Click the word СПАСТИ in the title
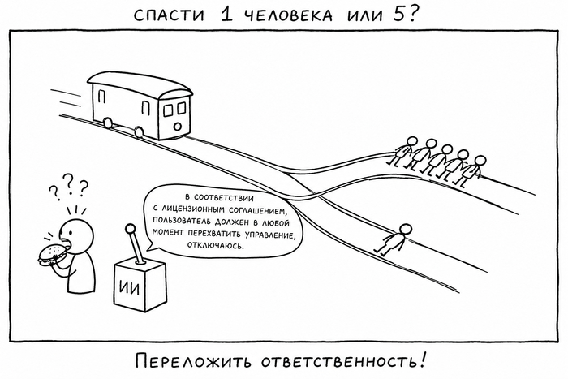pyautogui.click(x=169, y=15)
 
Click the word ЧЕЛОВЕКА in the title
pyautogui.click(x=288, y=15)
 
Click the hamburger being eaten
pyautogui.click(x=52, y=253)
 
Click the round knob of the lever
pyautogui.click(x=131, y=228)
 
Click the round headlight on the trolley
pyautogui.click(x=177, y=126)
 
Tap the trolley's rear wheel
pyautogui.click(x=107, y=123)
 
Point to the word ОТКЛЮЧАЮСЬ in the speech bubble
pyautogui.click(x=216, y=246)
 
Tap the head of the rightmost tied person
pyautogui.click(x=480, y=161)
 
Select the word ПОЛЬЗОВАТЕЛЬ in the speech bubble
pyautogui.click(x=179, y=221)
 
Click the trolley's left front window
pyautogui.click(x=169, y=110)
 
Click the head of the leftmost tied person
pyautogui.click(x=412, y=142)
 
